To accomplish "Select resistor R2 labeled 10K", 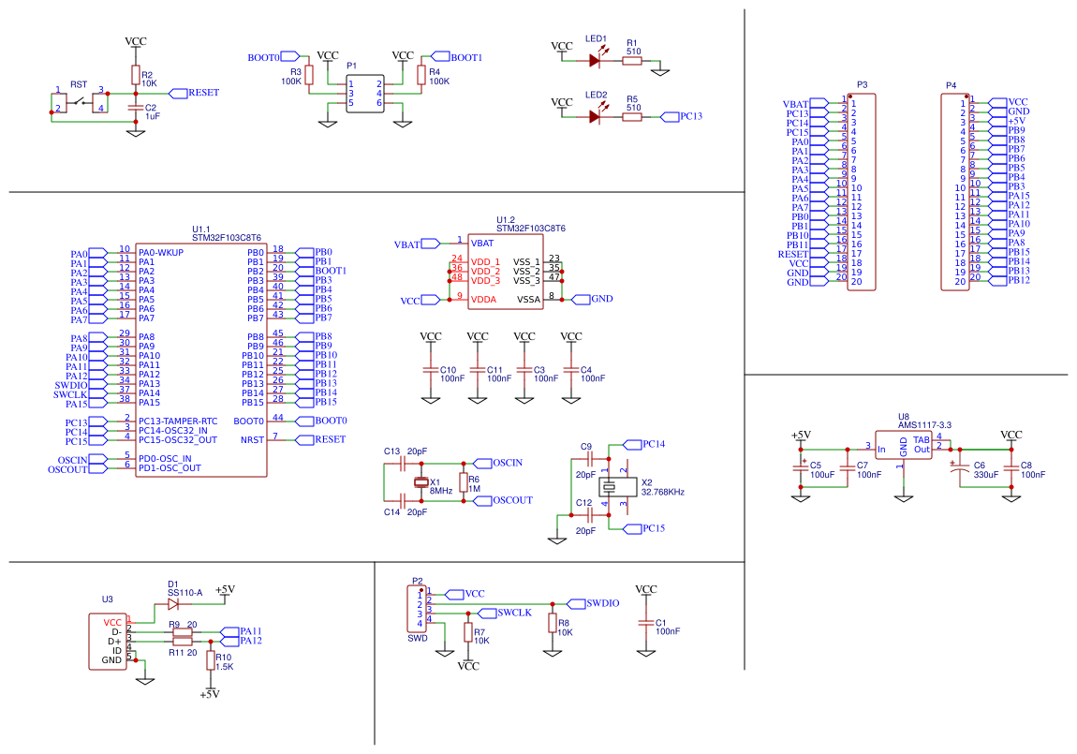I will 135,76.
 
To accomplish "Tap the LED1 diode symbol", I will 595,60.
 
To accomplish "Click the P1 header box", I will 365,94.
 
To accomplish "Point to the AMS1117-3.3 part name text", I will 924,425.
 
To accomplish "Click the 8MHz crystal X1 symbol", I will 420,483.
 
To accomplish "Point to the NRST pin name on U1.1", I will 252,439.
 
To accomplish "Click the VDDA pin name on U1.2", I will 483,299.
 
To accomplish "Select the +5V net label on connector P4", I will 1017,121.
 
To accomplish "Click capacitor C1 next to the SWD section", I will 645,623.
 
